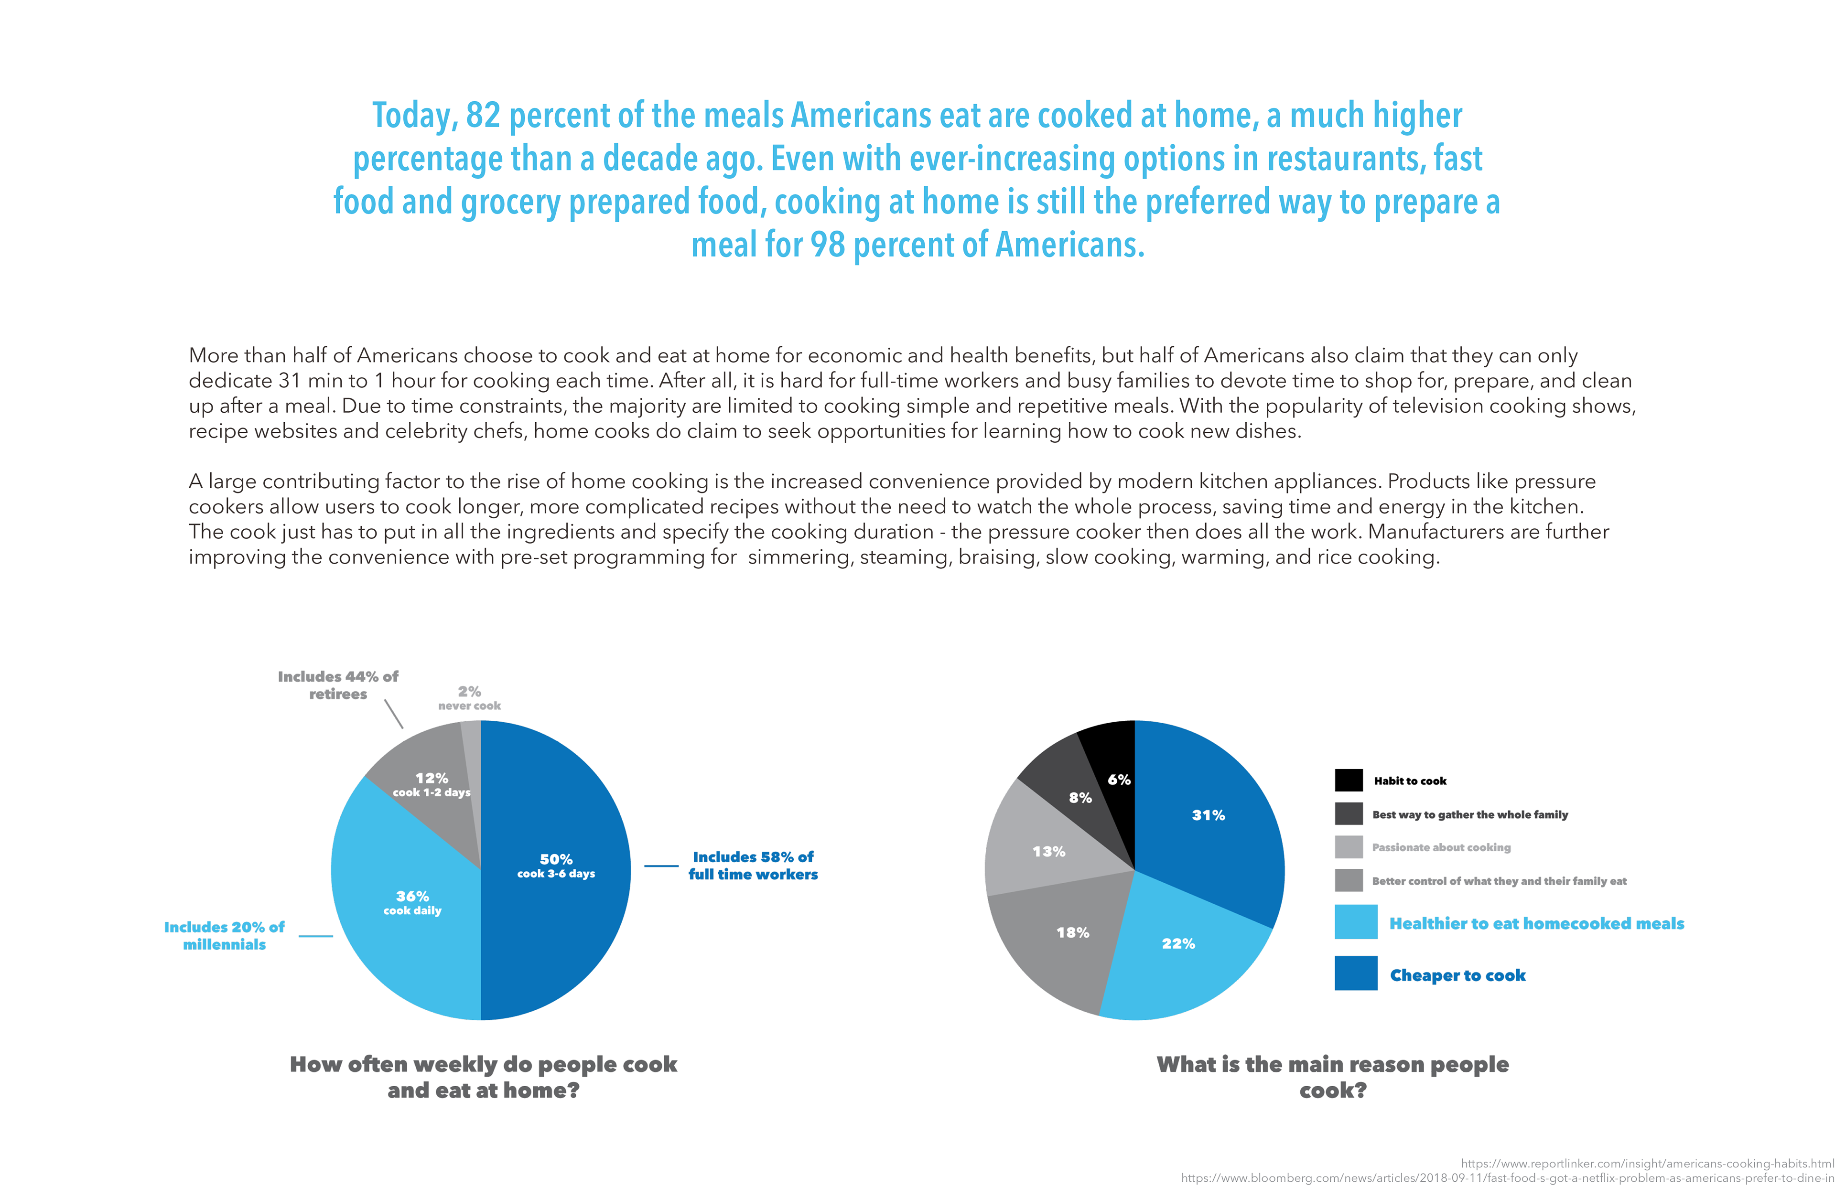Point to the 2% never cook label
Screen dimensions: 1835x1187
click(x=470, y=697)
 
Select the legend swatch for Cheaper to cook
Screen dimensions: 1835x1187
click(x=1356, y=973)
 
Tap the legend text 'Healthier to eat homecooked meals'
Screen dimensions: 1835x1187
click(x=1537, y=923)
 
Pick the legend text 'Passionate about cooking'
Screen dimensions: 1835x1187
click(x=1441, y=847)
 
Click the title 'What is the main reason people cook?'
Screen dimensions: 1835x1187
click(x=1333, y=1077)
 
